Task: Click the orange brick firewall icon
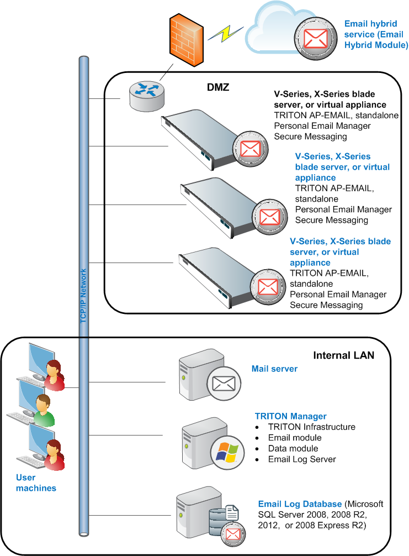[x=186, y=40]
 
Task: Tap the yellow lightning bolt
[x=226, y=33]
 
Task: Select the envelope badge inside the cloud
[x=316, y=38]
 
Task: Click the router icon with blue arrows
[x=147, y=96]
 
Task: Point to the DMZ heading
[x=218, y=87]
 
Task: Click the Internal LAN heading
[x=343, y=355]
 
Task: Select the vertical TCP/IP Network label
[x=83, y=296]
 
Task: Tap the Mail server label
[x=274, y=369]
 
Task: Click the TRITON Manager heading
[x=291, y=416]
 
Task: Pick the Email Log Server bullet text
[x=302, y=459]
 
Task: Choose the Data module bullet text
[x=293, y=449]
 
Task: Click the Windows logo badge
[x=227, y=453]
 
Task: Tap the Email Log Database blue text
[x=300, y=504]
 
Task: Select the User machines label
[x=36, y=482]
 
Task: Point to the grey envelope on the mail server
[x=224, y=384]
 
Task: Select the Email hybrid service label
[x=376, y=34]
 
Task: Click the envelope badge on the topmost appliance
[x=251, y=149]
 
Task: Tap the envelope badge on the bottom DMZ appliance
[x=268, y=287]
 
